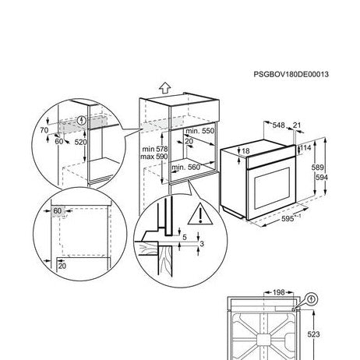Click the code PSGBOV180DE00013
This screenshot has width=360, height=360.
[291, 75]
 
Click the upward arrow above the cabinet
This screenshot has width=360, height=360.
[165, 88]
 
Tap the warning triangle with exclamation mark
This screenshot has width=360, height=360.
[200, 214]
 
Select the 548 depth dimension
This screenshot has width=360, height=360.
[278, 125]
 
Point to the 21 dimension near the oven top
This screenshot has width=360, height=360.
[297, 125]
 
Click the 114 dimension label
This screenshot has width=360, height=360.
[305, 148]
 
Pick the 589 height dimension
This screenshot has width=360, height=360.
[317, 168]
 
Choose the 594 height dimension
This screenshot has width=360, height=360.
[322, 178]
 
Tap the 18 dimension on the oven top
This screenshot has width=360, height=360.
[245, 151]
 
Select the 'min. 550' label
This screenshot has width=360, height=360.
[200, 131]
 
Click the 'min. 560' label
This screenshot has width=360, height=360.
[186, 168]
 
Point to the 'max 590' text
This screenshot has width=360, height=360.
[154, 157]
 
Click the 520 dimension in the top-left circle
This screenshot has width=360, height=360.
[80, 142]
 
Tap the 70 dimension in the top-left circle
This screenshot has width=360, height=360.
[44, 130]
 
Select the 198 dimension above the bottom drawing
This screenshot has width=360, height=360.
[279, 292]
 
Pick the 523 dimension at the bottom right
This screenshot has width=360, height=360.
[313, 334]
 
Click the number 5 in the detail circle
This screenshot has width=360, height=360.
[185, 237]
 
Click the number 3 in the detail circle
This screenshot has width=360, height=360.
[202, 244]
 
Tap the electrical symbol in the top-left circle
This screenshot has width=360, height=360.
[82, 120]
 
